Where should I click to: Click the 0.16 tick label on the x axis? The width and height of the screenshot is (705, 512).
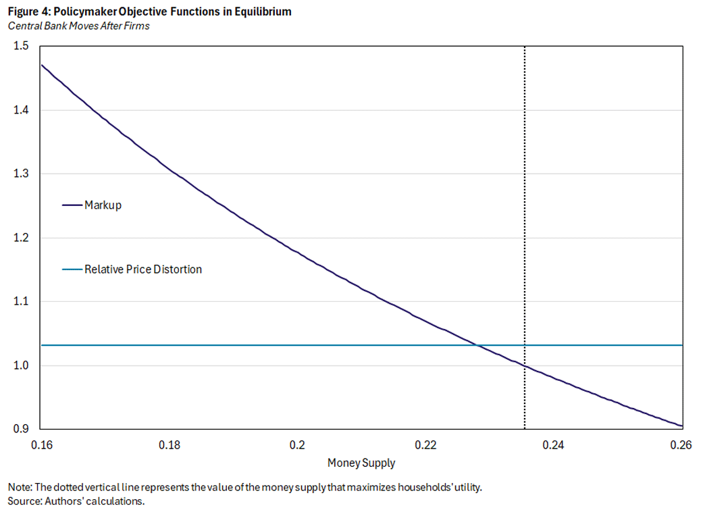(41, 445)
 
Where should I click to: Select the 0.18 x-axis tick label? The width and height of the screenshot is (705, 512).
(169, 445)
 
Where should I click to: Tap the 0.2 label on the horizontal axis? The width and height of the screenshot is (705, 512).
(298, 445)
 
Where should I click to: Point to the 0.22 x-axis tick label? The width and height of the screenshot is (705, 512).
(426, 445)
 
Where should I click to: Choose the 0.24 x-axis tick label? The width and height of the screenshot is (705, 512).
(554, 445)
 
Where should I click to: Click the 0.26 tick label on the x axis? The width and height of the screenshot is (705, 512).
(681, 445)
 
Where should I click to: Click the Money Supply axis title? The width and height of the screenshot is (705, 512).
(361, 463)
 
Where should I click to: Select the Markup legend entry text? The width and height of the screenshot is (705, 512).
(103, 205)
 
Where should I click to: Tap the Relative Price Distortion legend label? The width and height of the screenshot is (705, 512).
(142, 269)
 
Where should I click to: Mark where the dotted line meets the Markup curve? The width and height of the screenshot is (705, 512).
(525, 365)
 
